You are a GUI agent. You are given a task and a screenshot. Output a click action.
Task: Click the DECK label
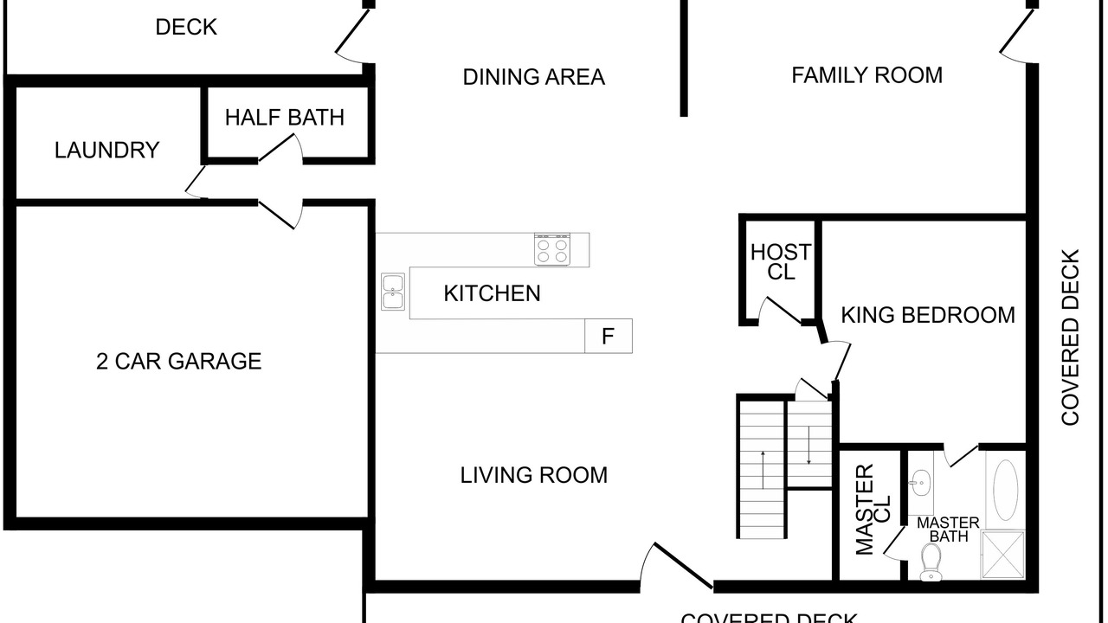[186, 27]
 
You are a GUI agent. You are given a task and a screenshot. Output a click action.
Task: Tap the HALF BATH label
[285, 118]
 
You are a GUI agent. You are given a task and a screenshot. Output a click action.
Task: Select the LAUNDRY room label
[106, 150]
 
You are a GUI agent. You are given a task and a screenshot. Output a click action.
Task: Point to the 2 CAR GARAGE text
[178, 362]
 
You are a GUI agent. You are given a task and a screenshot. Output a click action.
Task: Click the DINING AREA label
[534, 77]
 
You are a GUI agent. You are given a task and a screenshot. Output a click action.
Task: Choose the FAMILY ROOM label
[866, 75]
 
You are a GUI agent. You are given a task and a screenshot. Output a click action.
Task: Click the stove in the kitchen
[552, 250]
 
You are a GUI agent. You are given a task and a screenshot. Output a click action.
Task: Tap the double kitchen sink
[393, 292]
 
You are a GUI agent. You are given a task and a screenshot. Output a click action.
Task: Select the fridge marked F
[609, 337]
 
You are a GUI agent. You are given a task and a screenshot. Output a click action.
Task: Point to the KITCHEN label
[492, 293]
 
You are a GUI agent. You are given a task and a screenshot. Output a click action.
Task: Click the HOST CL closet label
[781, 262]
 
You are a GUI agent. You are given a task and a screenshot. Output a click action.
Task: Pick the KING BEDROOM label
[928, 316]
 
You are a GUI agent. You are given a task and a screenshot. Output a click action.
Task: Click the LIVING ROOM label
[534, 475]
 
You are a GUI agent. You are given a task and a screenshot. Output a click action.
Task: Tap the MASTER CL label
[873, 510]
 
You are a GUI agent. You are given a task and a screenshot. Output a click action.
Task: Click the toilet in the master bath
[931, 562]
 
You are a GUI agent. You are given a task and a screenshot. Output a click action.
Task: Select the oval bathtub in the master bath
[1006, 490]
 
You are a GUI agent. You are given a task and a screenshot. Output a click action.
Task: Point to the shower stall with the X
[1002, 555]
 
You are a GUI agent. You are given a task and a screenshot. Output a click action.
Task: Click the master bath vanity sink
[920, 482]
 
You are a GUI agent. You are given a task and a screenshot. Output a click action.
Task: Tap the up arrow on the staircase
[763, 470]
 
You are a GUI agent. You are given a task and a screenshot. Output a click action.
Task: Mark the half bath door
[280, 147]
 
